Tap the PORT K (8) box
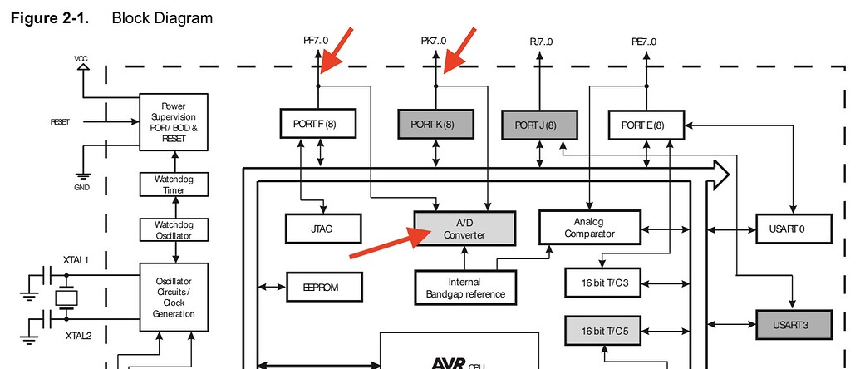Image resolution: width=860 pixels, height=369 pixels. coord(435,125)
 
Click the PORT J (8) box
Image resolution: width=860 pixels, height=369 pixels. coord(540,125)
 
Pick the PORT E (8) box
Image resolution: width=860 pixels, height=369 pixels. coord(648,125)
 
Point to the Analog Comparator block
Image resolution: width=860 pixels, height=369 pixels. coord(589,227)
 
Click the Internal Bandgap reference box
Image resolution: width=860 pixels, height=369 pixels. coord(464,288)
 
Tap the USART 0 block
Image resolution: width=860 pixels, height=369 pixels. coord(794,227)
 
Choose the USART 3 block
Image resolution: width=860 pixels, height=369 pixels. coord(794,324)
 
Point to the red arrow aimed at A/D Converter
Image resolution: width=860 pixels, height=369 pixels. coord(382,244)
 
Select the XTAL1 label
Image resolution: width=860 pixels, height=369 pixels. coord(76,260)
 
